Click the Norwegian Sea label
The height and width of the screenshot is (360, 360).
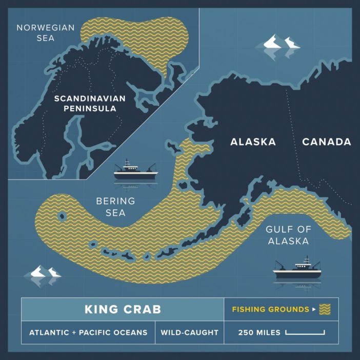(46, 33)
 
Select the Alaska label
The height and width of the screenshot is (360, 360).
(252, 142)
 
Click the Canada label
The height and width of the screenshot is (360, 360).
(326, 142)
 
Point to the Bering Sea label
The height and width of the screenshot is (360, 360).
(116, 206)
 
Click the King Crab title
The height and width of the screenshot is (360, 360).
(123, 309)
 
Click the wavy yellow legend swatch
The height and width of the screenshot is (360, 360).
(325, 309)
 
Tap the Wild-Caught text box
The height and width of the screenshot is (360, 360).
(189, 333)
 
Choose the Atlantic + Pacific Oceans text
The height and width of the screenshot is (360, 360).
(88, 333)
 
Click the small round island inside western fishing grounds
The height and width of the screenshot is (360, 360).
(63, 216)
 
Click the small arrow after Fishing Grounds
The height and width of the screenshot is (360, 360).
(313, 310)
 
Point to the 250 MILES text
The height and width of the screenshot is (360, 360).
(259, 333)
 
